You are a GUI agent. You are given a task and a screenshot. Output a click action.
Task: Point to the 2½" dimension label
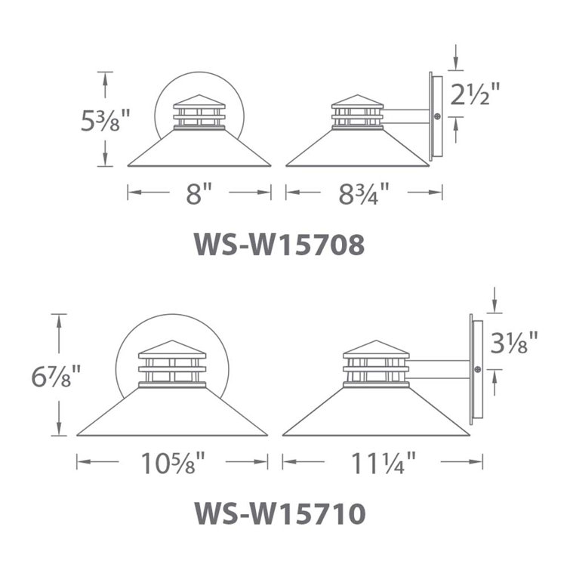pos(476,96)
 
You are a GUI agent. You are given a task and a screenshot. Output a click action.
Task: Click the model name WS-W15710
pos(280,513)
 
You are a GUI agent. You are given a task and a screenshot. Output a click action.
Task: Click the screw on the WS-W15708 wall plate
pos(437,117)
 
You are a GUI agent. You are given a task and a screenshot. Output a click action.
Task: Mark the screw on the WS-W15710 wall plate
pos(478,369)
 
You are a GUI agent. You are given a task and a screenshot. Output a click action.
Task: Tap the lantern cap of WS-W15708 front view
pos(200,100)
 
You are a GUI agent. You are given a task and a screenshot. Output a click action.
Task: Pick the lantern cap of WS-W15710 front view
pos(172,348)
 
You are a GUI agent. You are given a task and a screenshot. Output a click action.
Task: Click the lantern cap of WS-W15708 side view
pos(359,100)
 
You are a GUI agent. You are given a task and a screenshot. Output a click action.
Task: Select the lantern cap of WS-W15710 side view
pos(376,348)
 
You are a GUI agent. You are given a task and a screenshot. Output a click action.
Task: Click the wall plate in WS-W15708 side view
pos(432,117)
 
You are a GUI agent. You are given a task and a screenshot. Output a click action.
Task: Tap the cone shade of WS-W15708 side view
pos(358,150)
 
